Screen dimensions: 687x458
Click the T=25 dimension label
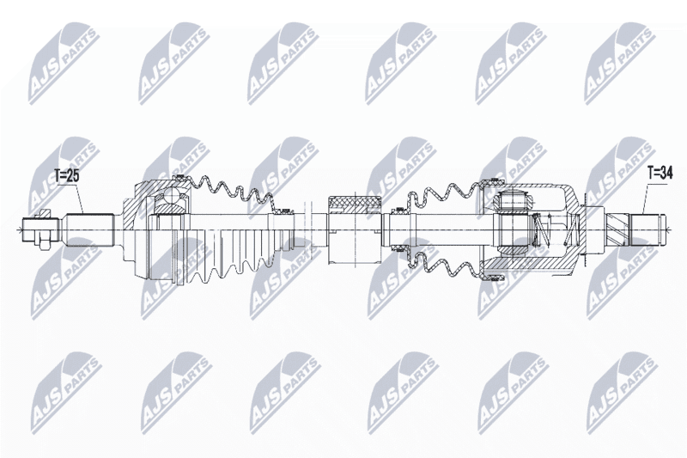pos(67,176)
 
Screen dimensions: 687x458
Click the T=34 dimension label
pos(660,174)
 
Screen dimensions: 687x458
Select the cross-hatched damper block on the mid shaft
pos(355,205)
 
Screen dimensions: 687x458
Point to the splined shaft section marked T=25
pos(90,229)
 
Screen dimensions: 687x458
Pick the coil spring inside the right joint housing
pos(553,229)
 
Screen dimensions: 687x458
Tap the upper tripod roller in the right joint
pos(511,202)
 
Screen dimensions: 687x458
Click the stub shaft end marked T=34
pos(647,229)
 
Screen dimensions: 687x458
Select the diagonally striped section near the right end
pos(617,229)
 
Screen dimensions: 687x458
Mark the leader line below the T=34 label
pos(646,197)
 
